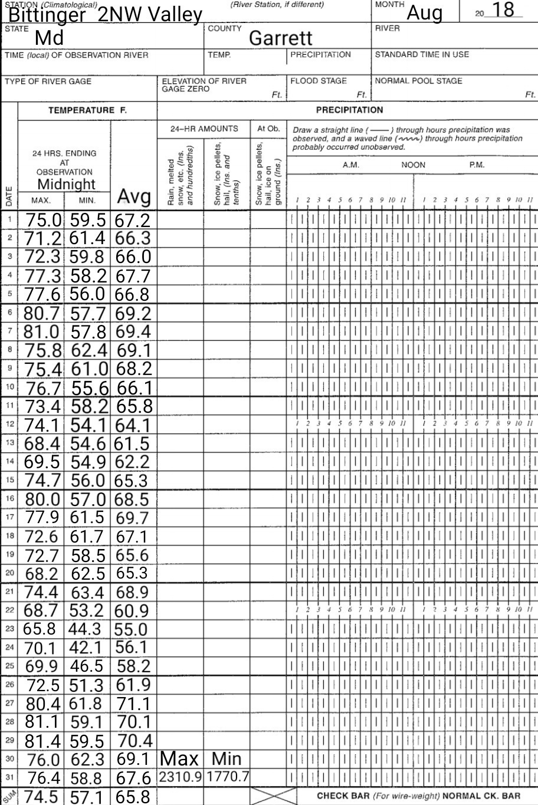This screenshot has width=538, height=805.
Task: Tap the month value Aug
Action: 425,12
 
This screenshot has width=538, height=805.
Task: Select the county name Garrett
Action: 280,38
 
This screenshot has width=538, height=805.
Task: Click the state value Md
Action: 49,38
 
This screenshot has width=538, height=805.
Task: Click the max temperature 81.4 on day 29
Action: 42,740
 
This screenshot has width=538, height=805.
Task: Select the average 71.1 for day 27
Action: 133,703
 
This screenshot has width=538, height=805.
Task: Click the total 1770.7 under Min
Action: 227,777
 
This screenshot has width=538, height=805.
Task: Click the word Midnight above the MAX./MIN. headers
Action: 67,185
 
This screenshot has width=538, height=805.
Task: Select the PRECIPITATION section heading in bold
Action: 349,110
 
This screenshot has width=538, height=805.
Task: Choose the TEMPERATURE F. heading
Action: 88,110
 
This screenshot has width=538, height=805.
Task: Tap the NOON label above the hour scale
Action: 413,165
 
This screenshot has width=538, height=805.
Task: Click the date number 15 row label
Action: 9,480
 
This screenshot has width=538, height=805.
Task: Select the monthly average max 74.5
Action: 42,796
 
